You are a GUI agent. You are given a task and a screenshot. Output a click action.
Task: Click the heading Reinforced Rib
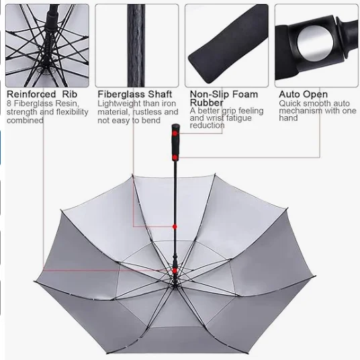pyautogui.click(x=42, y=94)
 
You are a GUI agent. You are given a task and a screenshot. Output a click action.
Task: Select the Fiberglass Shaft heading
pyautogui.click(x=135, y=94)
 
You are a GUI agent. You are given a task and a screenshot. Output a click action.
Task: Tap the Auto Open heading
pyautogui.click(x=304, y=94)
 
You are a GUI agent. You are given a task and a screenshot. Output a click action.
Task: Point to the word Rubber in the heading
pyautogui.click(x=206, y=102)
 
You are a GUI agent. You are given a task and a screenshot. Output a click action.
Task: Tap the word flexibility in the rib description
pyautogui.click(x=73, y=112)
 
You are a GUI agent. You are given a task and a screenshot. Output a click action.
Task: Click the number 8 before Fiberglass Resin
pyautogui.click(x=9, y=103)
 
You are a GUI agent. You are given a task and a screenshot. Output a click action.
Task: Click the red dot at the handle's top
pyautogui.click(x=175, y=134)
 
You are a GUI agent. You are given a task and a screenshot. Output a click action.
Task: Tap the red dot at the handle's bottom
pyautogui.click(x=175, y=157)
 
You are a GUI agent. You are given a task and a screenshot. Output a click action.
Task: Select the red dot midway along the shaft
pyautogui.click(x=175, y=227)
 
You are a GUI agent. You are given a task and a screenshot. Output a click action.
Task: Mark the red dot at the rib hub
pyautogui.click(x=175, y=271)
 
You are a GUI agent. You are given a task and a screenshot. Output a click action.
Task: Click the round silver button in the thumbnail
pyautogui.click(x=315, y=44)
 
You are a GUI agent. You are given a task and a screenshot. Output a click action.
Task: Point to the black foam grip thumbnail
pyautogui.click(x=226, y=46)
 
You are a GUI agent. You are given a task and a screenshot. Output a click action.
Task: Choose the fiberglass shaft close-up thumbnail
pyautogui.click(x=137, y=46)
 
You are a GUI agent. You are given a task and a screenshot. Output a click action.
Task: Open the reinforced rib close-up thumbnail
pyautogui.click(x=47, y=46)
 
